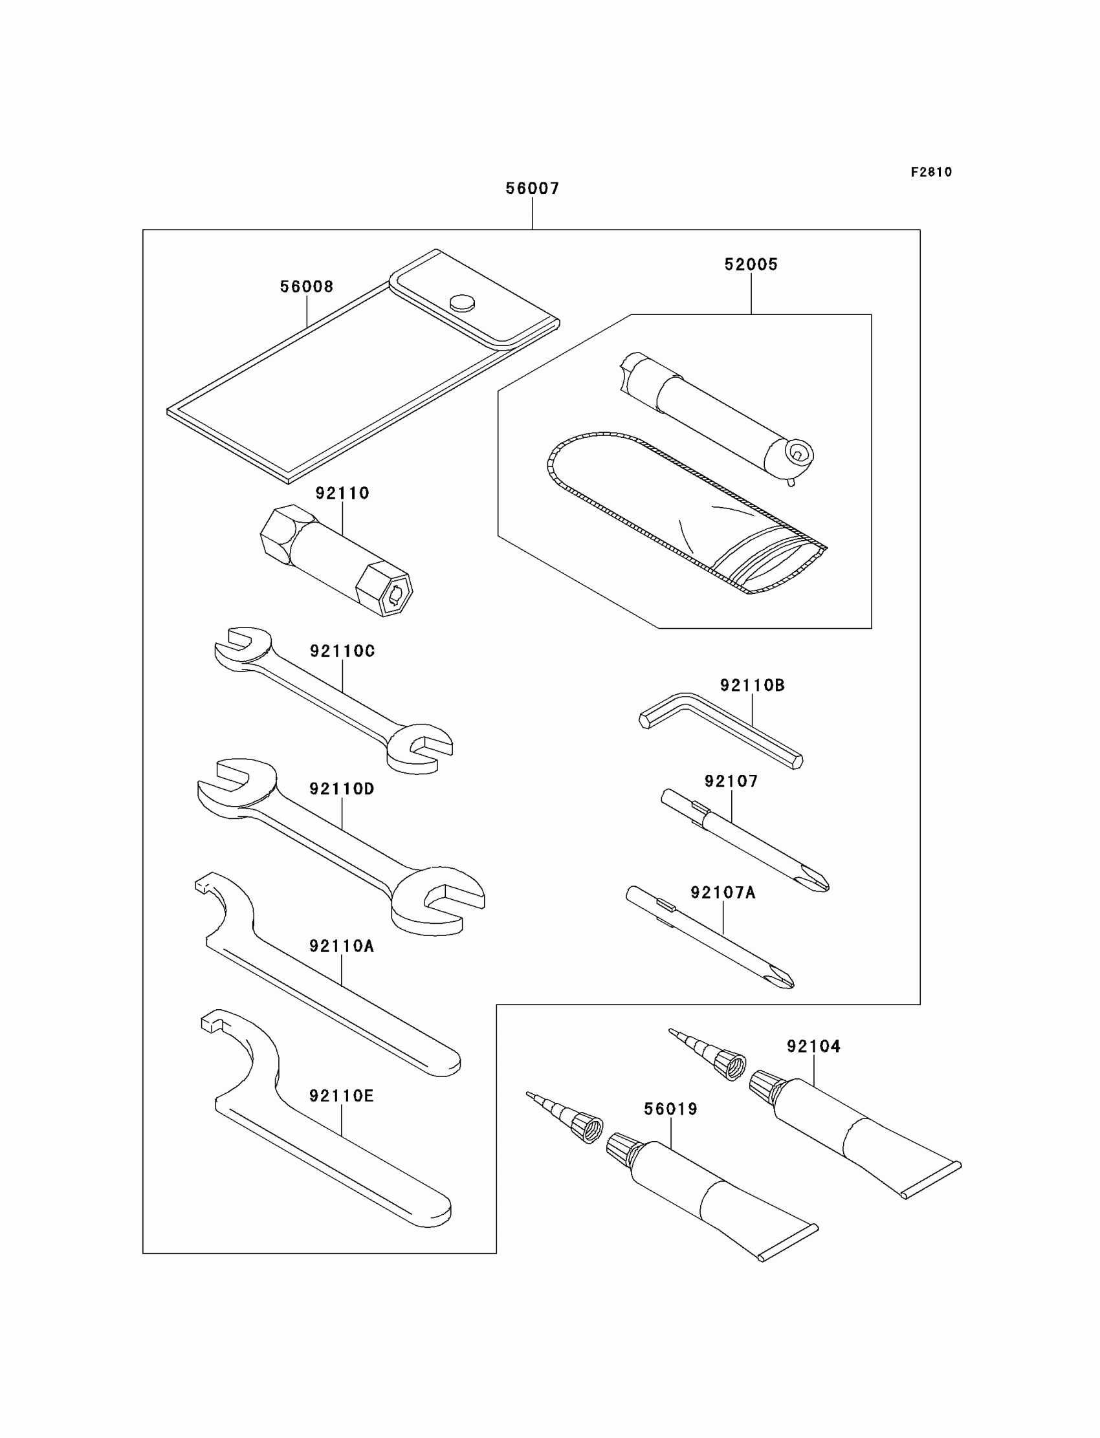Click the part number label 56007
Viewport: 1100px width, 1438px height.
(533, 188)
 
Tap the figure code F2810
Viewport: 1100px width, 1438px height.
(931, 172)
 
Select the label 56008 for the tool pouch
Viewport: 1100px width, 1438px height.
(307, 287)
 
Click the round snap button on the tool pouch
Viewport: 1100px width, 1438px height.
(463, 301)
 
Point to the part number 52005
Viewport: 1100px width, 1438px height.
(751, 265)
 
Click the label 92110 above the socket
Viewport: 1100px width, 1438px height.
(342, 493)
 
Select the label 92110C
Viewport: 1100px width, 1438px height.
(342, 651)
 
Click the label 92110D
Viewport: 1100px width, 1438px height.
(342, 789)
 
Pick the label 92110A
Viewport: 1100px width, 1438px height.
(342, 946)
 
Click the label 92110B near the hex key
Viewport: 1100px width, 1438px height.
(753, 685)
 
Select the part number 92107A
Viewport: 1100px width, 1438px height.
(723, 893)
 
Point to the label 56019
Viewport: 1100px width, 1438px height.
(670, 1109)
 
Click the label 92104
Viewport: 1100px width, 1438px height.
(814, 1046)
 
